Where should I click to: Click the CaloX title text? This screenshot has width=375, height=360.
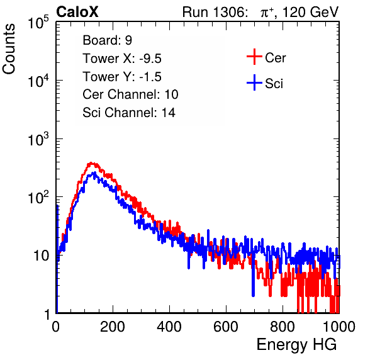77,12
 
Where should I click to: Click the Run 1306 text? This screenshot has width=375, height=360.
215,12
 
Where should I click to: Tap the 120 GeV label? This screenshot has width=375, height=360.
311,12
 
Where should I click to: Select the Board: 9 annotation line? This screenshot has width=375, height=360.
107,40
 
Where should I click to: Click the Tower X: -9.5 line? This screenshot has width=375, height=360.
122,59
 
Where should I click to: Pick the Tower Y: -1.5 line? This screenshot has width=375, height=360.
122,77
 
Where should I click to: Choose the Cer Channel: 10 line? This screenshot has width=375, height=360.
130,94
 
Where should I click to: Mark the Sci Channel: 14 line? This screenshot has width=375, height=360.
129,112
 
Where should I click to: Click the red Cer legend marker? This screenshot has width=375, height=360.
254,57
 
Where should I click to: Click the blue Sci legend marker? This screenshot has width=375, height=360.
254,83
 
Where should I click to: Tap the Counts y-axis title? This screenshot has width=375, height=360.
9,49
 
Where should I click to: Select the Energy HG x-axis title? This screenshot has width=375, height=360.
296,344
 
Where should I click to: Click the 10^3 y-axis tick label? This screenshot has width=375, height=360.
38,139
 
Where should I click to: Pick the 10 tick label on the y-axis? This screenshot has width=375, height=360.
42,256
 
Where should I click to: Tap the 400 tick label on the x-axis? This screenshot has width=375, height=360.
169,327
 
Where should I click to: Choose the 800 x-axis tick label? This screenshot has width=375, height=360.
283,327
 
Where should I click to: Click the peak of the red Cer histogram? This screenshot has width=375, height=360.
91,163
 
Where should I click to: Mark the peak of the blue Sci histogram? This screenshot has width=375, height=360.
95,172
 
